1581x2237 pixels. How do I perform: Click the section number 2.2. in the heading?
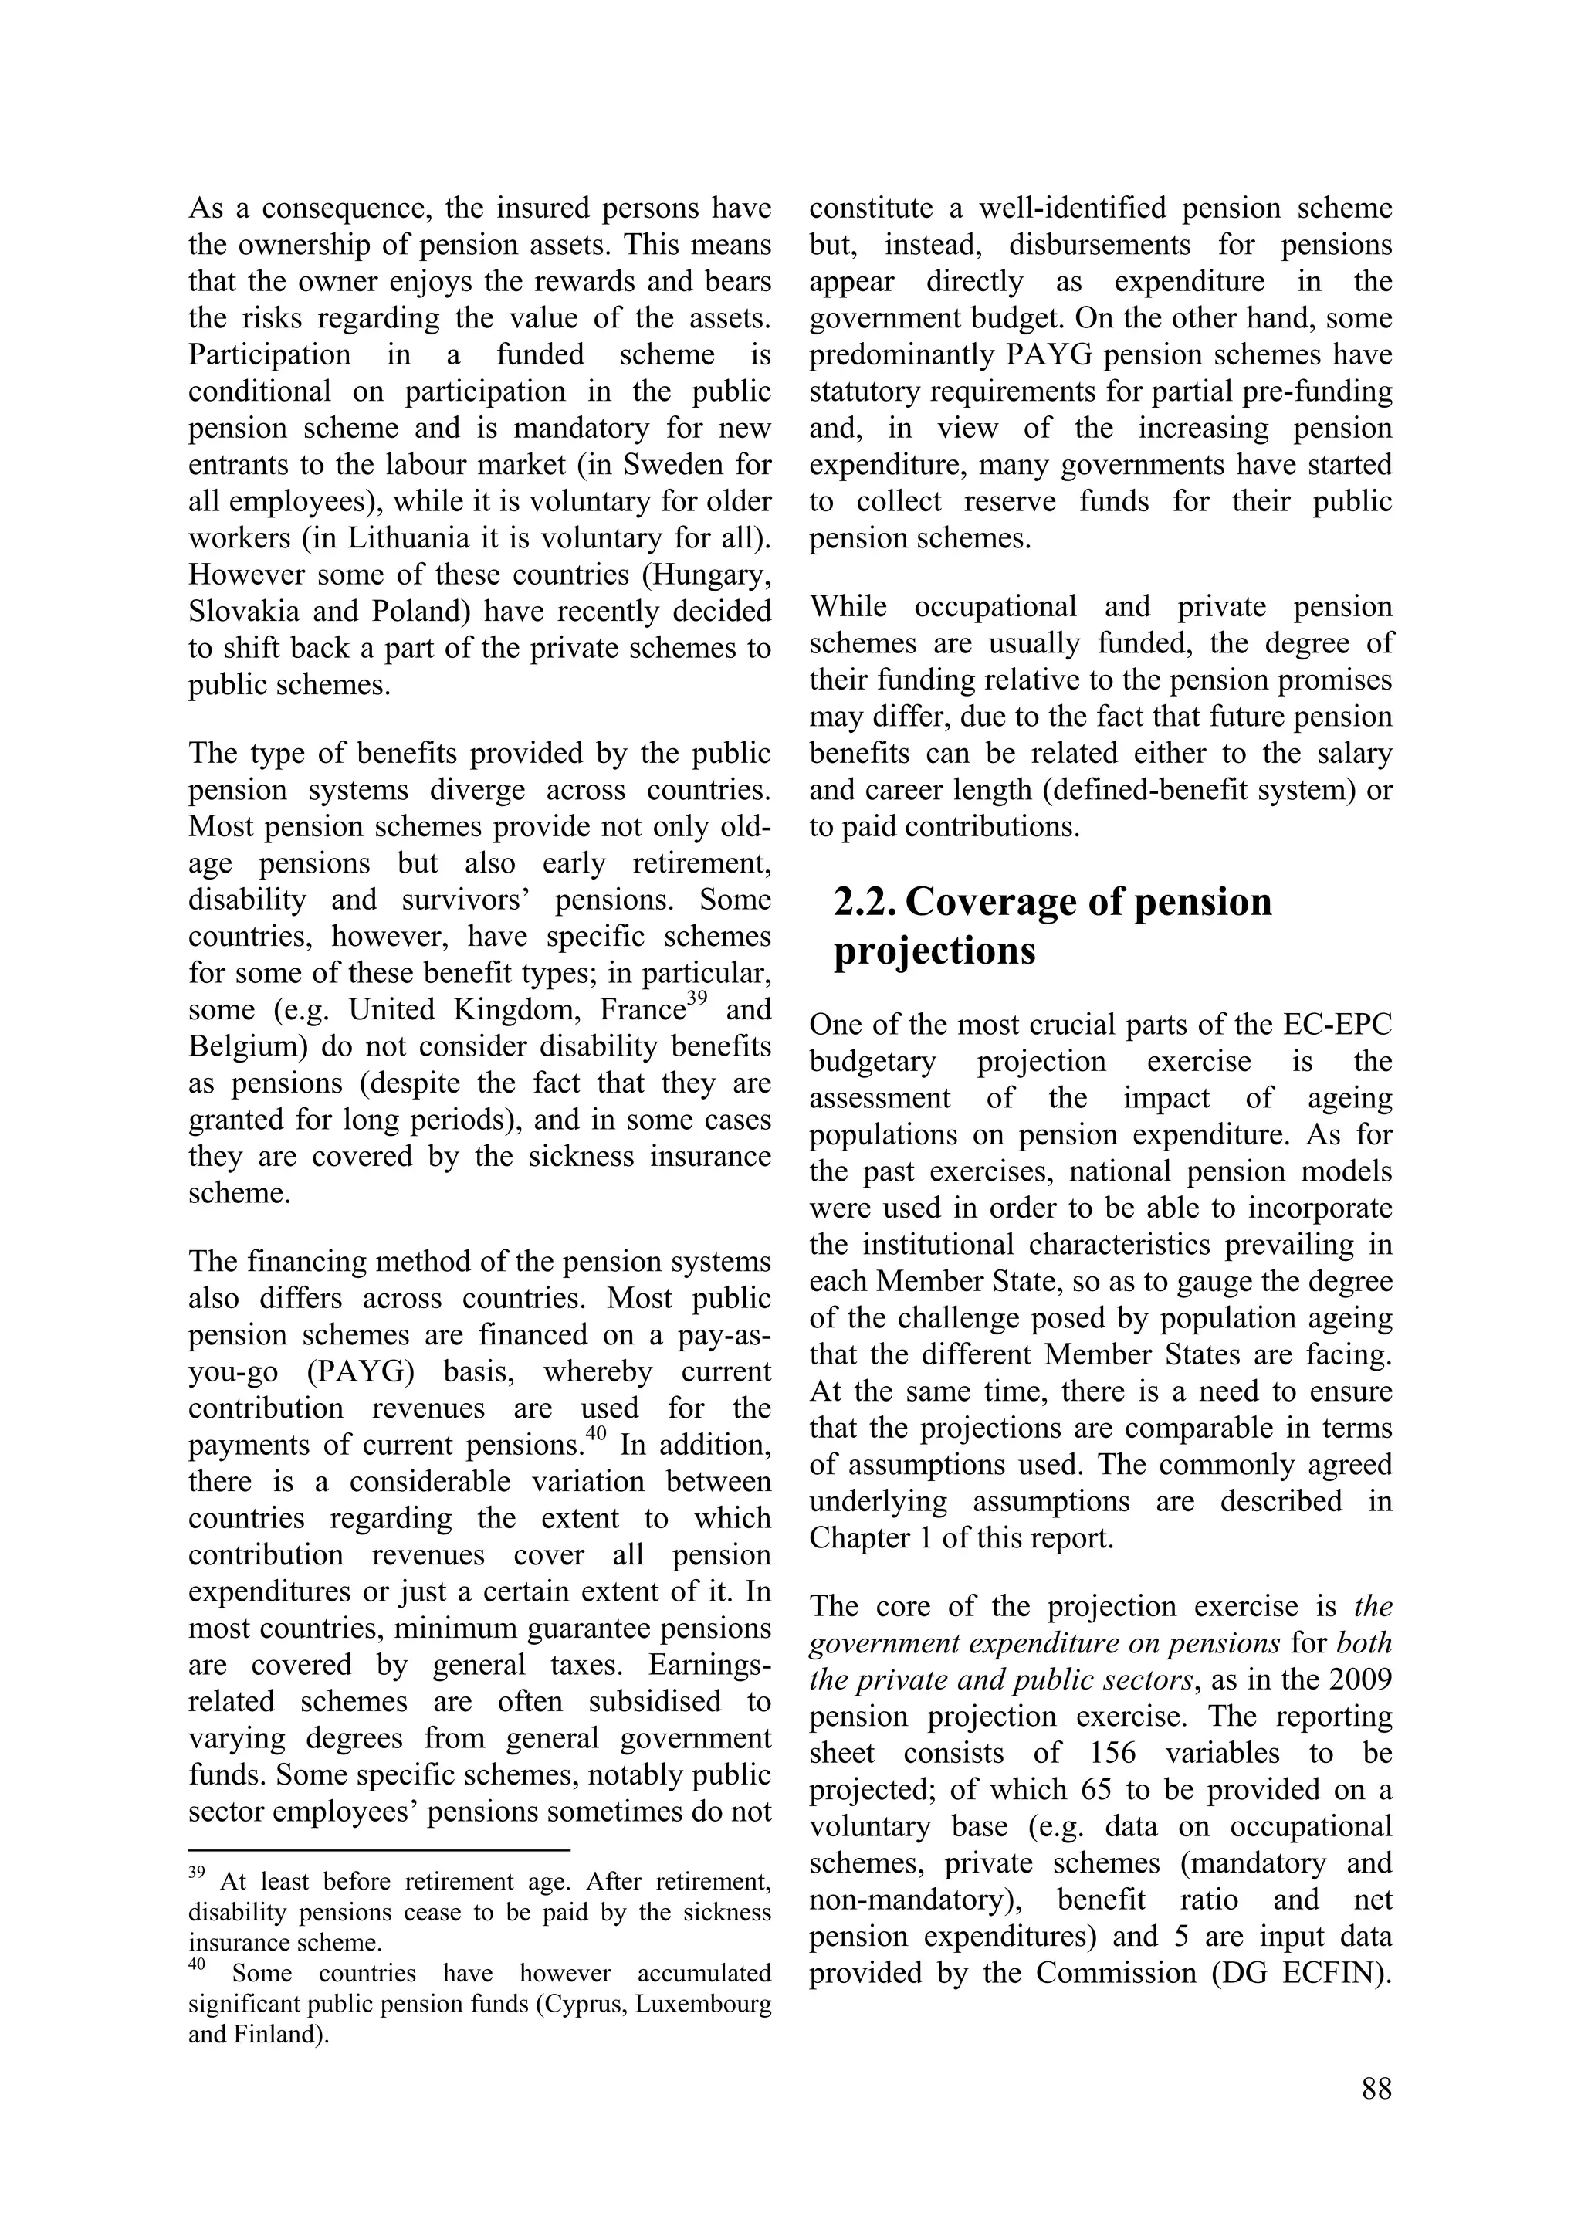coord(865,902)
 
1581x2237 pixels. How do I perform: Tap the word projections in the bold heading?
coord(934,951)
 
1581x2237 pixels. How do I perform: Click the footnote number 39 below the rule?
coord(196,1873)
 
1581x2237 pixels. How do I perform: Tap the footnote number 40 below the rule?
coord(197,1965)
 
